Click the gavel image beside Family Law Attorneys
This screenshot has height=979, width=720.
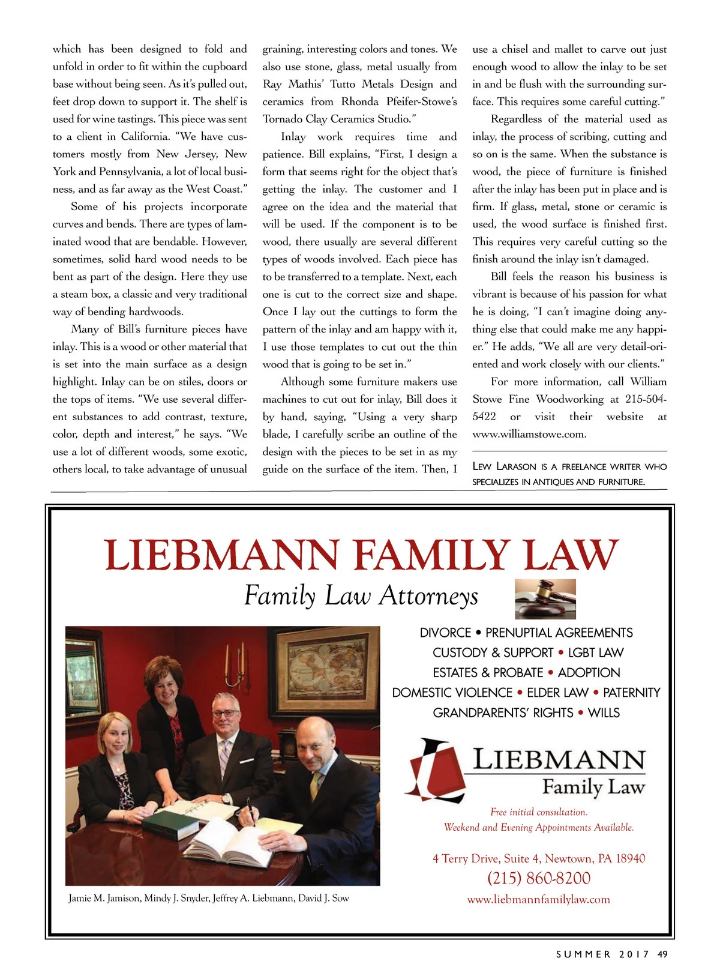[x=545, y=598]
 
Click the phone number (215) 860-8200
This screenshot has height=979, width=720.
[x=538, y=878]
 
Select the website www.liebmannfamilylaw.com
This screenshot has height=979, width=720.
[x=538, y=899]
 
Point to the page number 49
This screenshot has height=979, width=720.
[x=662, y=954]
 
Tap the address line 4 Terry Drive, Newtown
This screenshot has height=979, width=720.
[x=538, y=858]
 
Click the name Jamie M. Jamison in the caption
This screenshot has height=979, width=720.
[x=104, y=898]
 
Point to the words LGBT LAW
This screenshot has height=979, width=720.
[x=595, y=652]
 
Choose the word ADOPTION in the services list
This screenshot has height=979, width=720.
[x=589, y=673]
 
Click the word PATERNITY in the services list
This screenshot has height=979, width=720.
[x=631, y=693]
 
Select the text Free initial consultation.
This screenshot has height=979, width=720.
[x=538, y=812]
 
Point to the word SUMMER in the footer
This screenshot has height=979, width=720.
[x=583, y=954]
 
